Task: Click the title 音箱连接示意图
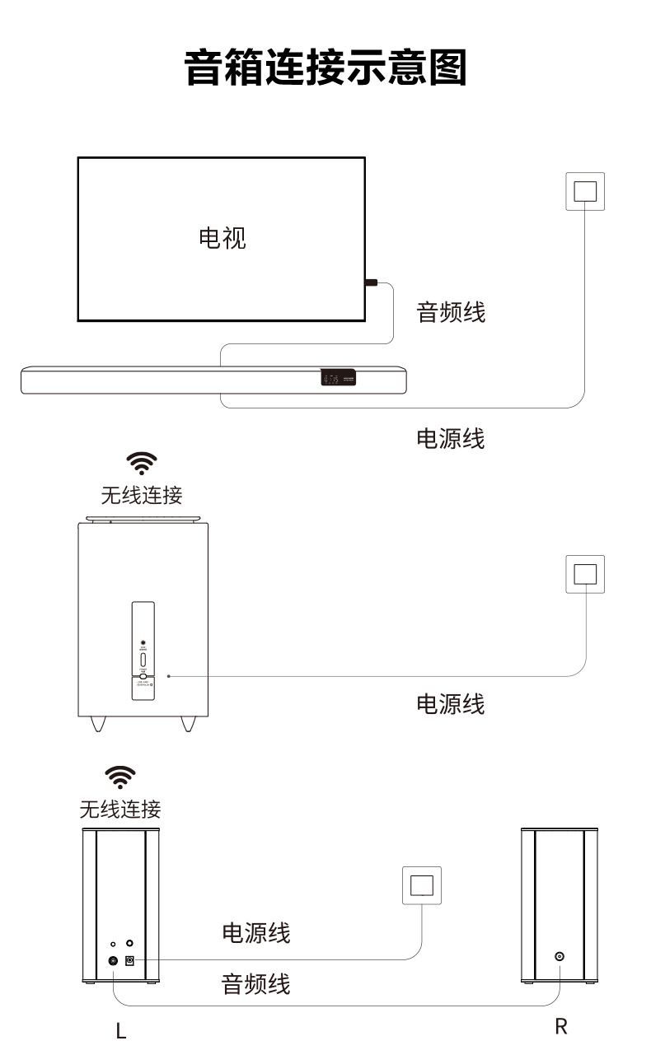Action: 325,68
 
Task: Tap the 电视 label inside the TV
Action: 222,238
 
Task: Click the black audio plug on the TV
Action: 371,283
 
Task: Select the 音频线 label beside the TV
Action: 451,312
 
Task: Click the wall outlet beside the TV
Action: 584,191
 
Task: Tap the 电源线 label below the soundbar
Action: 451,438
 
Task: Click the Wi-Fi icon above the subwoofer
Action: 142,464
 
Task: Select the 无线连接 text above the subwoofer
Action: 142,495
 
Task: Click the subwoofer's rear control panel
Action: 143,651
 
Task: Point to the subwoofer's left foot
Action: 99,723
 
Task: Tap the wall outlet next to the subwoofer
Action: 584,574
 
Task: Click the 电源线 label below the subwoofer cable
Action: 451,704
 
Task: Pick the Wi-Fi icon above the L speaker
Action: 120,777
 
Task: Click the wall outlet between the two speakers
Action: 422,885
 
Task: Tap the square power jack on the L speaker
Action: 129,959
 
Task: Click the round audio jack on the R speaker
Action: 560,957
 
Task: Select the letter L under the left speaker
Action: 121,1031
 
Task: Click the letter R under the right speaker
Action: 561,1027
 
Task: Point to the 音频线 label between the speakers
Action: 256,983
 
